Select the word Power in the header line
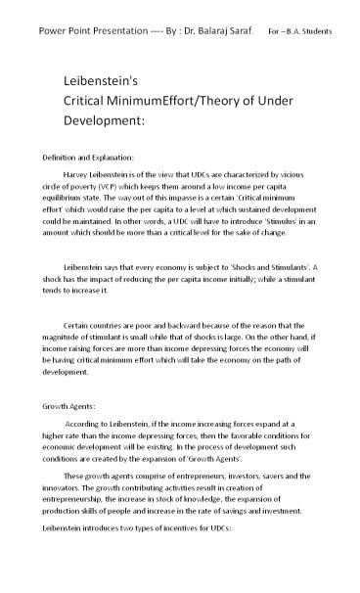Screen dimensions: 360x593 coord(52,31)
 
